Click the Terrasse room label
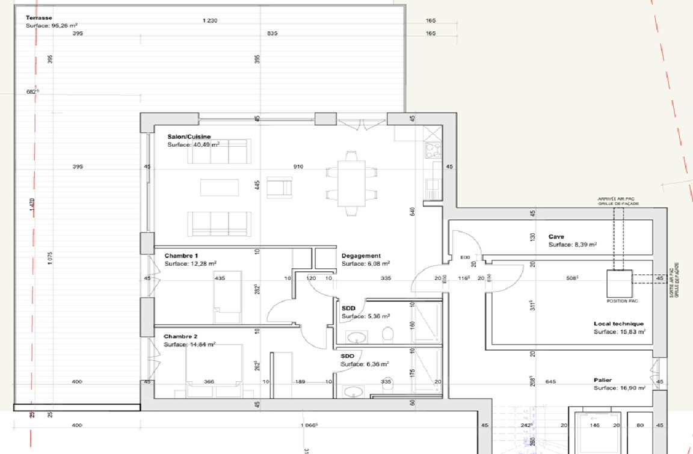(x=38, y=18)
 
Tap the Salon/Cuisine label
(x=189, y=137)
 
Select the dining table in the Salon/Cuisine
(x=352, y=183)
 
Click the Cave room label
(x=555, y=237)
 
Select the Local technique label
(x=618, y=324)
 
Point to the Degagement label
(x=361, y=256)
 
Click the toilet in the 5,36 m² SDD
(x=388, y=334)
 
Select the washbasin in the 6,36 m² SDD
(x=353, y=392)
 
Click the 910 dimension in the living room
(x=298, y=167)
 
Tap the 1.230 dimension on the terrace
(x=210, y=21)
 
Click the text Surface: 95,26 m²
(x=51, y=26)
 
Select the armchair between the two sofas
(x=279, y=188)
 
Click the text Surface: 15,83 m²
(x=620, y=332)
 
